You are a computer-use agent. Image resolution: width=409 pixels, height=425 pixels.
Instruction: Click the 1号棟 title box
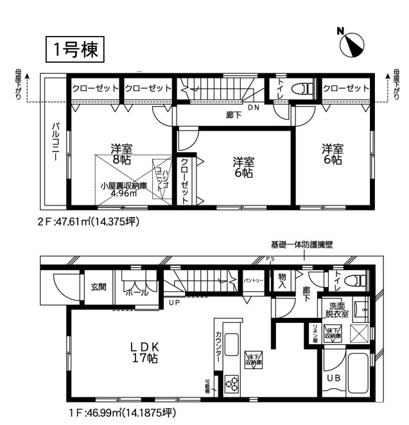coord(74,49)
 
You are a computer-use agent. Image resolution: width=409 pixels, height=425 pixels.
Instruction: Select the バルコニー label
coord(56,141)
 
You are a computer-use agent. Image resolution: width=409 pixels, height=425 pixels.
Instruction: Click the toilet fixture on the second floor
coord(301,89)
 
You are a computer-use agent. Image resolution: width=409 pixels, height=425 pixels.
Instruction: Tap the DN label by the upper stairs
coord(254,107)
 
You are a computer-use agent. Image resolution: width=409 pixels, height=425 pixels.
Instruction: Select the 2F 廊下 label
coord(234,116)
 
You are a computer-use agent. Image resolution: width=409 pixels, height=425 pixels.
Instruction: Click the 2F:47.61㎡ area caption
coord(88,221)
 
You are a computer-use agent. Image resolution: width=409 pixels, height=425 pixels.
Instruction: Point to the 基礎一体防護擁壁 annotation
coord(301,245)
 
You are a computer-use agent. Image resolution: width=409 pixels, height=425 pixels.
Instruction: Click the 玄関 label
coord(98,287)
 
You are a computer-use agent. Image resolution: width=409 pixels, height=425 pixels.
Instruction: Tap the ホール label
coord(135,292)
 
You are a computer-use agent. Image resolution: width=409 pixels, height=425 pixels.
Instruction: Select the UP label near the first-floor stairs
coord(173,302)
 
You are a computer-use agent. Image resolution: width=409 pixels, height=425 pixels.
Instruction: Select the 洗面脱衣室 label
coord(337,310)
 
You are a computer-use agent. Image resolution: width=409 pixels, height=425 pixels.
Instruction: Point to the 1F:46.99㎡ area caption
coord(121,412)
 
